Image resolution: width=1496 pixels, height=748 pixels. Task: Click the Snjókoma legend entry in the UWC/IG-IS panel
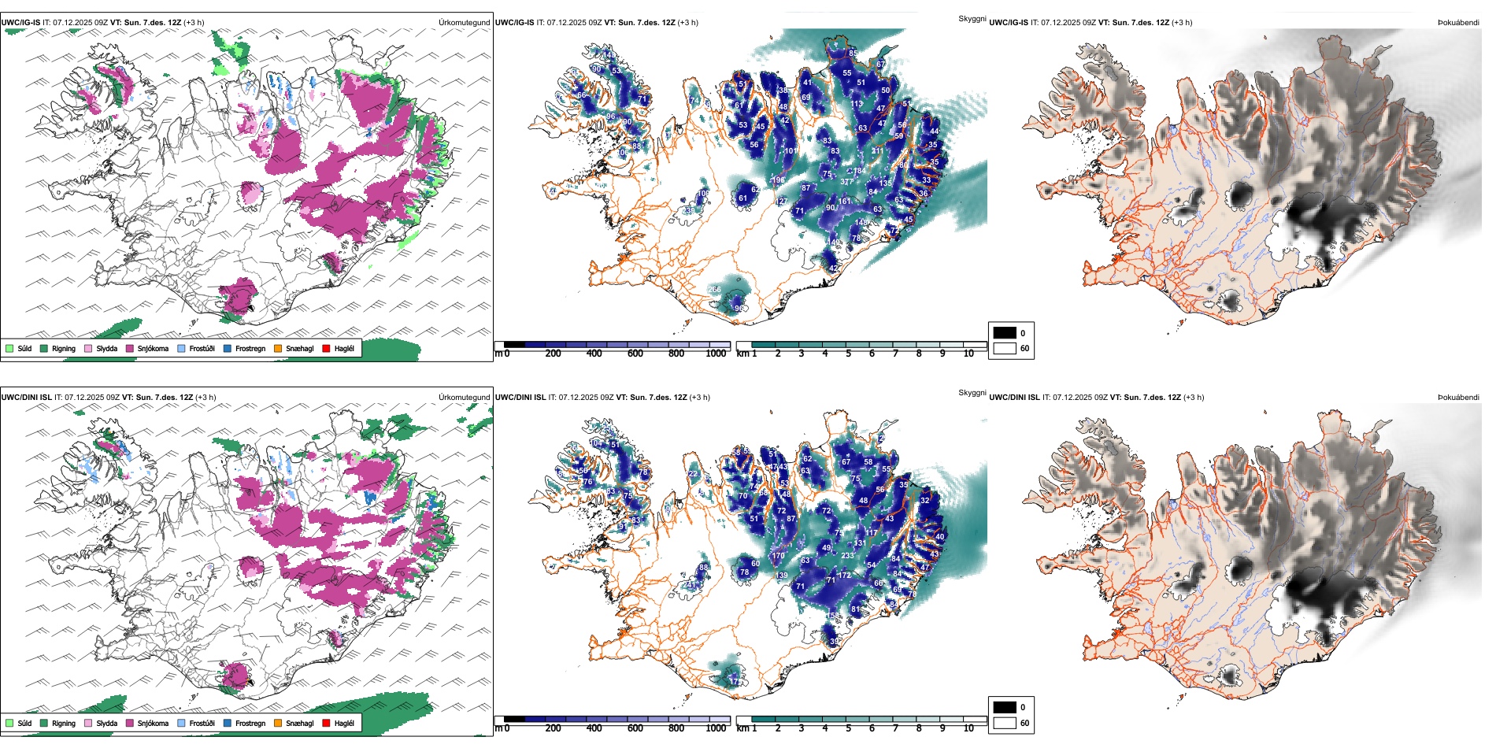coord(153,349)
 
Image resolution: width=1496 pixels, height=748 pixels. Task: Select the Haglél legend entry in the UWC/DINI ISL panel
coord(344,724)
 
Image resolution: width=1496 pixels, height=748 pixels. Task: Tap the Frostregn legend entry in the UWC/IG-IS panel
coord(250,349)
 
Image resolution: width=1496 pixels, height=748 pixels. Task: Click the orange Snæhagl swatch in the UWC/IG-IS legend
coord(278,349)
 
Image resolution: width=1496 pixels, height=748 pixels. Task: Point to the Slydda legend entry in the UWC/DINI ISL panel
coord(106,724)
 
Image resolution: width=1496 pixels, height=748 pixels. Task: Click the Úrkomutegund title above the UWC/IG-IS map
coord(464,23)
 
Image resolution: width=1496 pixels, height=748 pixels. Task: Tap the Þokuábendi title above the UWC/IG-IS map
coord(1458,23)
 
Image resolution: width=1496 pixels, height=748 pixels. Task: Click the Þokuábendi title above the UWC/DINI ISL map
coord(1458,398)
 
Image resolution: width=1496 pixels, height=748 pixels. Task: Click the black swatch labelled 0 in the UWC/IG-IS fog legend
coord(1005,333)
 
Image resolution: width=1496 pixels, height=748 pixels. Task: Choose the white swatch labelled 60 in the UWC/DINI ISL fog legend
coord(1005,723)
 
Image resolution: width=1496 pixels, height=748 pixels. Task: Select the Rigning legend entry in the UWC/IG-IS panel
coord(63,349)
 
